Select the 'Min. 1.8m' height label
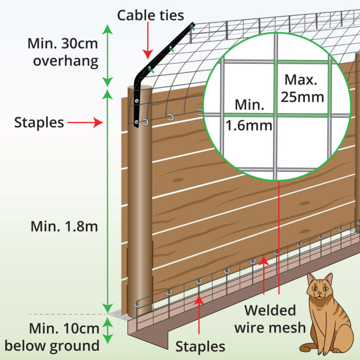[64, 226]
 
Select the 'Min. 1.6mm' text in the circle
[249, 115]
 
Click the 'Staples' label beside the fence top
[38, 123]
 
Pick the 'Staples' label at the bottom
[200, 347]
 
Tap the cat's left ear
[311, 278]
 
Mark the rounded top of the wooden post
[140, 90]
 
